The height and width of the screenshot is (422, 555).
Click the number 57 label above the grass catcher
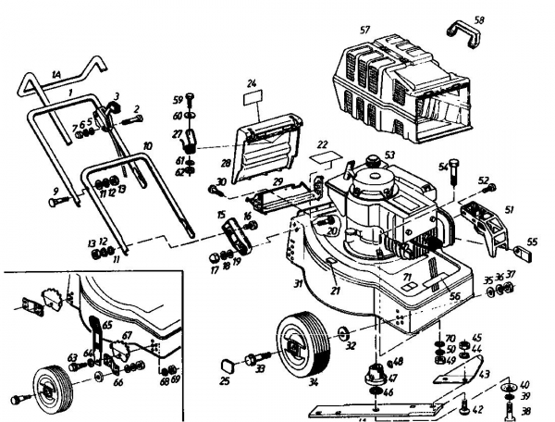[x=365, y=31]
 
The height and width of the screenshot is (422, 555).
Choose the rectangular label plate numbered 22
[x=320, y=158]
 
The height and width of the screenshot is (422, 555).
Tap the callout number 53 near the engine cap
[x=389, y=155]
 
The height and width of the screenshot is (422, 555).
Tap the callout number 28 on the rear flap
[x=225, y=136]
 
